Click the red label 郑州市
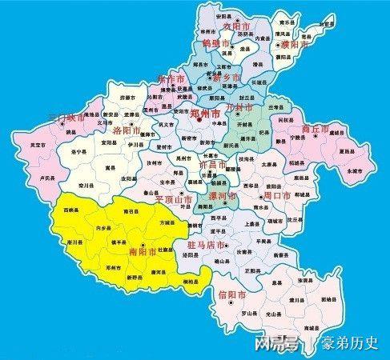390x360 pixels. pos(207,114)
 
